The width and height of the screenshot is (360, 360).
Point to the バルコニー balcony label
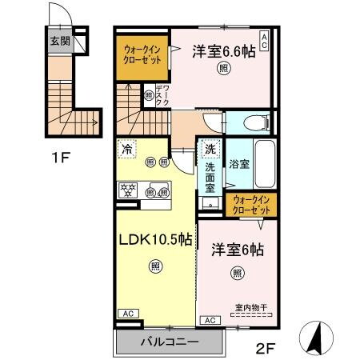[x=170, y=342]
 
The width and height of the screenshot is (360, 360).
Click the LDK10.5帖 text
[x=156, y=239]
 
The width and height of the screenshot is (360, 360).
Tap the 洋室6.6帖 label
[x=225, y=51]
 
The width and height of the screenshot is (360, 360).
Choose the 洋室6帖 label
[x=238, y=249]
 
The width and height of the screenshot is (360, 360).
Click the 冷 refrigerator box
[x=127, y=148]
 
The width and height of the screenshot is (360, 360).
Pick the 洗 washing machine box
[x=209, y=148]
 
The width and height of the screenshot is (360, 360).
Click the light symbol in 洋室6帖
[x=239, y=274]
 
